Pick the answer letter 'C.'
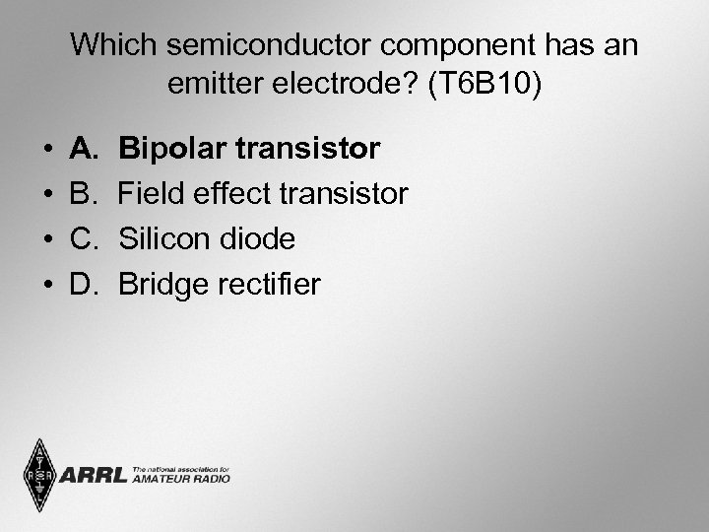(85, 240)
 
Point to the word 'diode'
(258, 240)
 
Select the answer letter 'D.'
(85, 286)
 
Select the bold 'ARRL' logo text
(94, 476)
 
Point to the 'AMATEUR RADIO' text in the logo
(181, 480)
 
